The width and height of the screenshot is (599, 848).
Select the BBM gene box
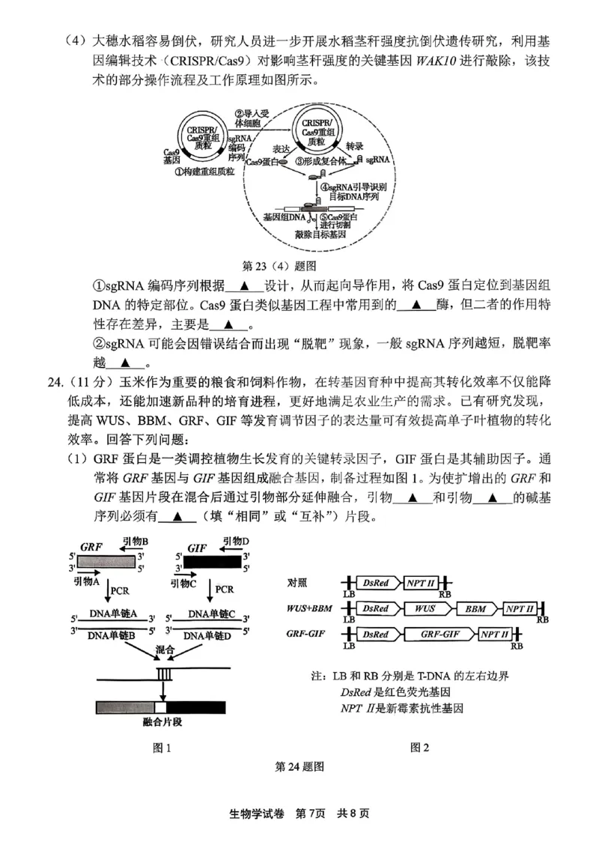point(478,609)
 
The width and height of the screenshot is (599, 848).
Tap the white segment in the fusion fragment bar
point(160,705)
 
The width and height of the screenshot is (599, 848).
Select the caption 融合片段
point(162,721)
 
